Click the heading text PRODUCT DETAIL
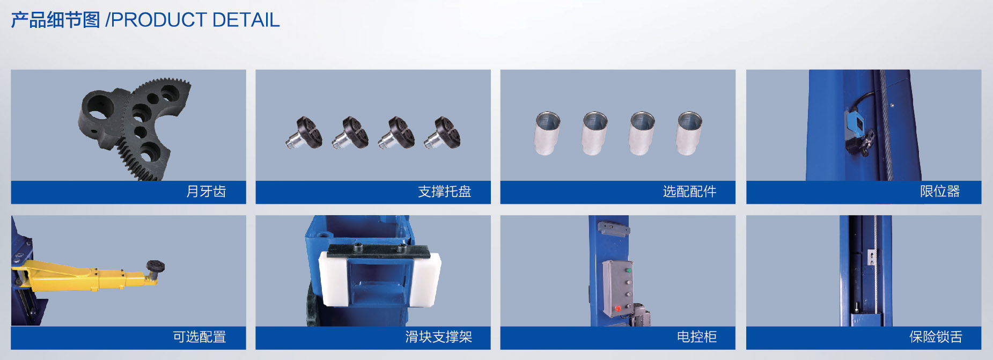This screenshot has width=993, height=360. [x=195, y=20]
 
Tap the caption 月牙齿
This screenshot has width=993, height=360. [x=206, y=192]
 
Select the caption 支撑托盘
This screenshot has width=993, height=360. [x=444, y=192]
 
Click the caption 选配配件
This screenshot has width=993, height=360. [x=689, y=192]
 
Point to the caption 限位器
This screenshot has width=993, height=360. [x=940, y=192]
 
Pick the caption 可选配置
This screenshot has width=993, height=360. [x=200, y=337]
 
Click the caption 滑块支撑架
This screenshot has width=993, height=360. [x=439, y=337]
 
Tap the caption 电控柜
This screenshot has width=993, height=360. [x=697, y=337]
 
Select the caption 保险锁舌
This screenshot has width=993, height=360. [x=936, y=337]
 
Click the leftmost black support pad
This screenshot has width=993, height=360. [x=305, y=133]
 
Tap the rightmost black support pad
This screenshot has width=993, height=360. [x=443, y=133]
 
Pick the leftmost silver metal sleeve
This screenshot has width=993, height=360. [x=548, y=133]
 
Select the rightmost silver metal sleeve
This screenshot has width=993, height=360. [x=689, y=133]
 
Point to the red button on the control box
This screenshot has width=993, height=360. [x=617, y=308]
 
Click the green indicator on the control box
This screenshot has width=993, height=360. [x=628, y=270]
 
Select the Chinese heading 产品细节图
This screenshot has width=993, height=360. [x=56, y=20]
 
